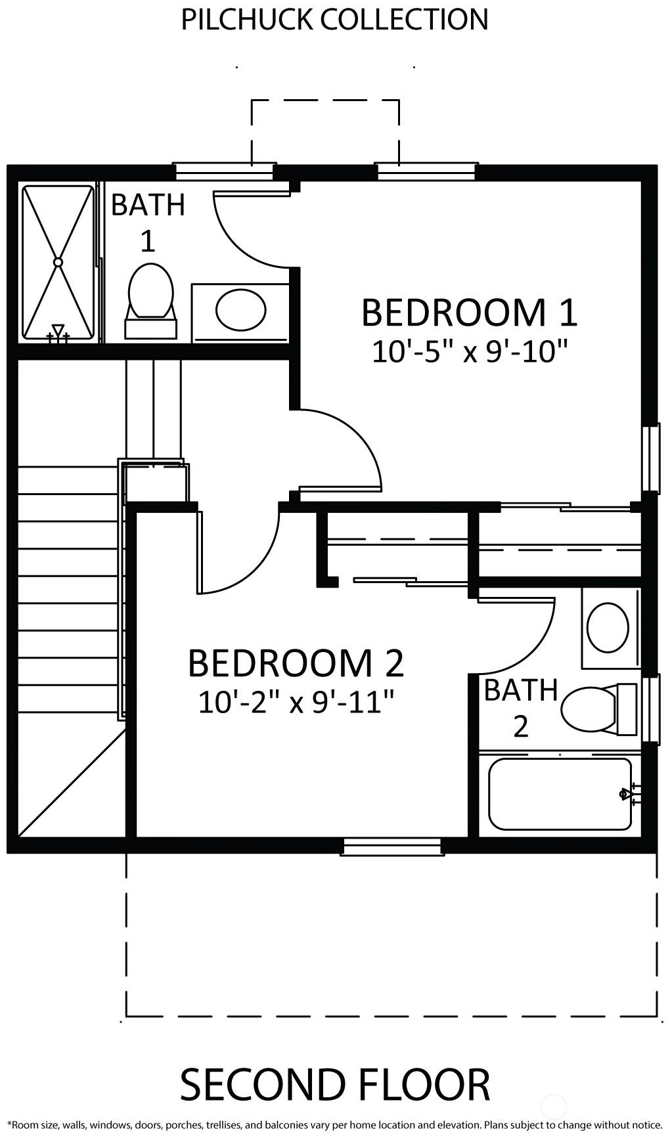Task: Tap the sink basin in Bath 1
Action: point(241,311)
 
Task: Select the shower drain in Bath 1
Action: point(58,262)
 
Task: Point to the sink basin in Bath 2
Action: point(608,628)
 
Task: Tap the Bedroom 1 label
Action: point(470,313)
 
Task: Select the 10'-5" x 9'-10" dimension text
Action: point(470,352)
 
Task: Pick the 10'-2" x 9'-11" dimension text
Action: point(296,703)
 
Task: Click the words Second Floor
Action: point(335,1085)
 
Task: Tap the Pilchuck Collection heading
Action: point(335,20)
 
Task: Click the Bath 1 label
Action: point(148,223)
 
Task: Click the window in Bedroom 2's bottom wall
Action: point(392,846)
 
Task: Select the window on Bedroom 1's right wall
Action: point(650,458)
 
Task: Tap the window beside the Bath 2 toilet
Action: point(650,709)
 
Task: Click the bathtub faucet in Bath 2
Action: point(629,795)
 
